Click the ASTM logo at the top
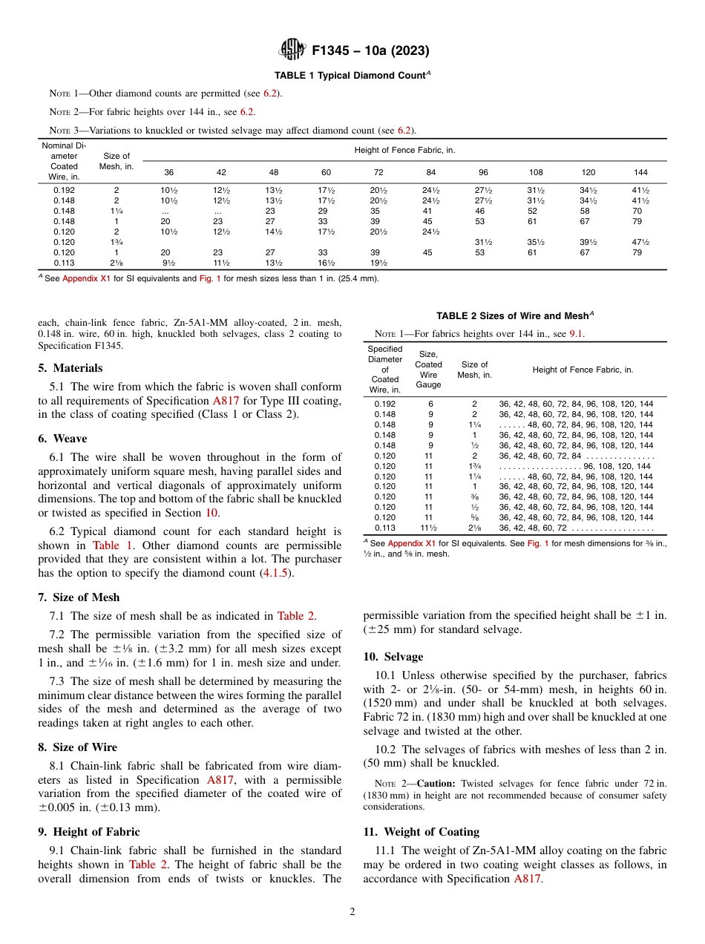tap(292, 50)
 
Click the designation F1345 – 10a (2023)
tap(370, 51)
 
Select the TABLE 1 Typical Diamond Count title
tap(352, 76)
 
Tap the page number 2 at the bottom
tap(352, 911)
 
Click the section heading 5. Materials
tap(70, 368)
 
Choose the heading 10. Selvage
tap(393, 657)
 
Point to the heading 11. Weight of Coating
tap(422, 832)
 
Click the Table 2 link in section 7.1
tap(296, 615)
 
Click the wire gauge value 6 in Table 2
tap(428, 404)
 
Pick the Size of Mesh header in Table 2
tap(474, 370)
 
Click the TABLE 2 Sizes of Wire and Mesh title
tap(515, 315)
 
